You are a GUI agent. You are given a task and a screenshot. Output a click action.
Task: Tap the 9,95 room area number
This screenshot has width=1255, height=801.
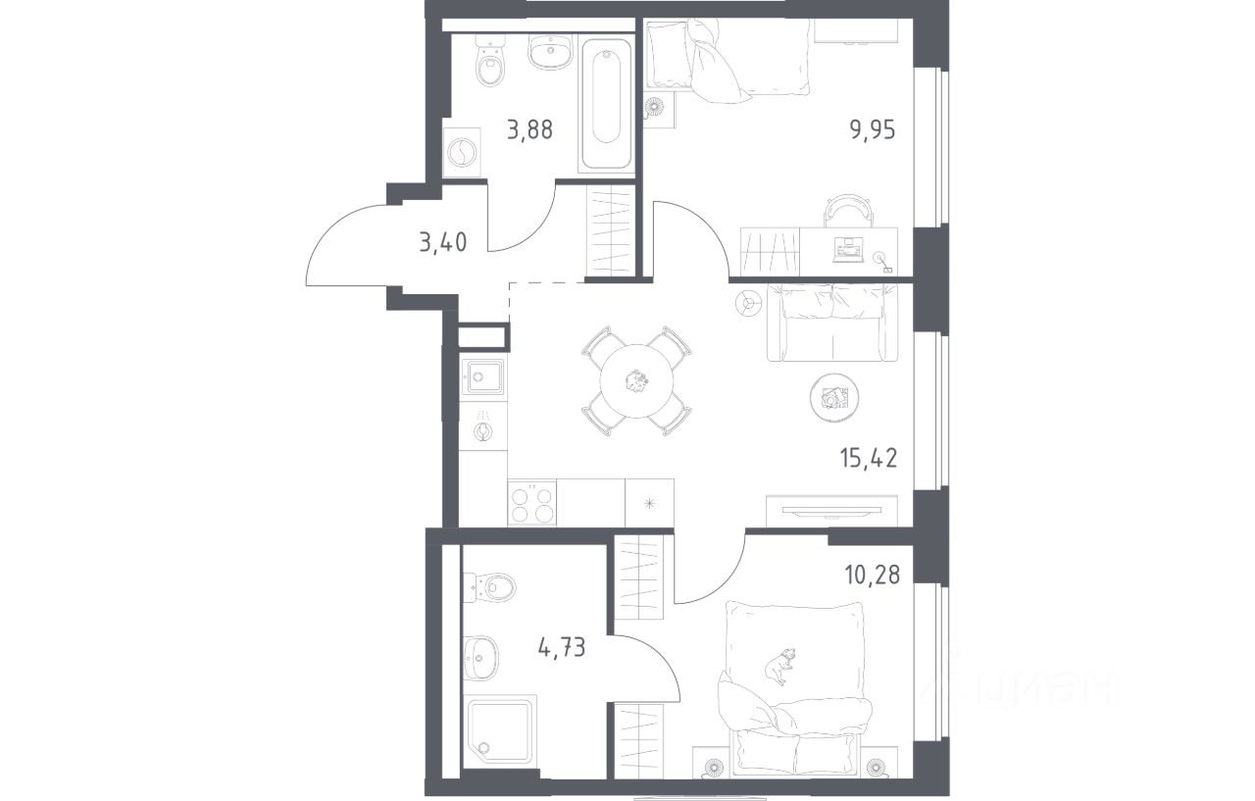coord(873,130)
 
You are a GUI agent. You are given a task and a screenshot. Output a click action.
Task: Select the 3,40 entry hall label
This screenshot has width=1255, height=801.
coord(442,243)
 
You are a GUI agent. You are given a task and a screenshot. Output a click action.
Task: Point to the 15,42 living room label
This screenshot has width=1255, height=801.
coord(869,458)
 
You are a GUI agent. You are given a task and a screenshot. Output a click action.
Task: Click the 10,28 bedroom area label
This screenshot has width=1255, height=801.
coord(873,575)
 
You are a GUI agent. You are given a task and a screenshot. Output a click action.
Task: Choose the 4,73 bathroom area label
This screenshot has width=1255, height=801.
coord(562,647)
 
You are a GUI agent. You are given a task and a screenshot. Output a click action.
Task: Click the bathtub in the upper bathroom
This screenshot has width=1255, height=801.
coord(606,104)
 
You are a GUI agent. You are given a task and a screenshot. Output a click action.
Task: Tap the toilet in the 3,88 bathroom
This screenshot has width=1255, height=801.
coord(491,62)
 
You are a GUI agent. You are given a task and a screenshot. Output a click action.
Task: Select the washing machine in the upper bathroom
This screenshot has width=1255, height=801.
coord(462,152)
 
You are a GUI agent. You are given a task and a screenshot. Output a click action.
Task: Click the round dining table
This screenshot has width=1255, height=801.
coord(636,381)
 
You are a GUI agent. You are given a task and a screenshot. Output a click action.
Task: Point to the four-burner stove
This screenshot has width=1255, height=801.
coord(532,502)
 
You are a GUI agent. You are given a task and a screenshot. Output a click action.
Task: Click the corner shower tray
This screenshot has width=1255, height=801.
coord(500,728)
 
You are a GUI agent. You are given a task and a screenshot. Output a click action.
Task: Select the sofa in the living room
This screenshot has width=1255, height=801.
coord(832,324)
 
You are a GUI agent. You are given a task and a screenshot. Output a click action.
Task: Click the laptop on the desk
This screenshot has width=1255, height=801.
coord(848,249)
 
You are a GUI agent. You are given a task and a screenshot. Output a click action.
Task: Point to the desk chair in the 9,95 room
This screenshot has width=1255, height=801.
coord(848,211)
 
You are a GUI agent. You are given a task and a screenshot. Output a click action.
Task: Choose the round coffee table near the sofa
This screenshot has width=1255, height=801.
coord(834,398)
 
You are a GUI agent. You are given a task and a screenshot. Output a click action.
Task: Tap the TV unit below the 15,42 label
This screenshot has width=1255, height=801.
coord(832,511)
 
